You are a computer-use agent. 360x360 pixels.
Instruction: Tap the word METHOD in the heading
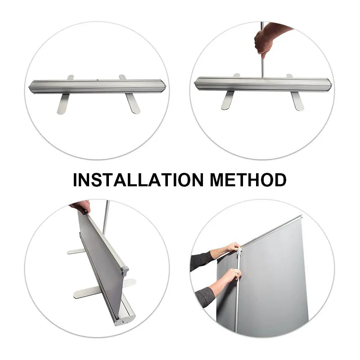pyautogui.click(x=248, y=180)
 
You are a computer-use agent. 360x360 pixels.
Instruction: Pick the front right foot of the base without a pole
pyautogui.click(x=133, y=103)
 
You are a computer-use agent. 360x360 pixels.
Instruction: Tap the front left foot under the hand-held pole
pyautogui.click(x=228, y=101)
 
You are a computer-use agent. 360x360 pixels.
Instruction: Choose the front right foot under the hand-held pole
pyautogui.click(x=296, y=101)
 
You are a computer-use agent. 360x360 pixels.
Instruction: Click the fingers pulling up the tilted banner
pyautogui.click(x=81, y=206)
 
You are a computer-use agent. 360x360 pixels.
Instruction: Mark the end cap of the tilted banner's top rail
pyautogui.click(x=125, y=271)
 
